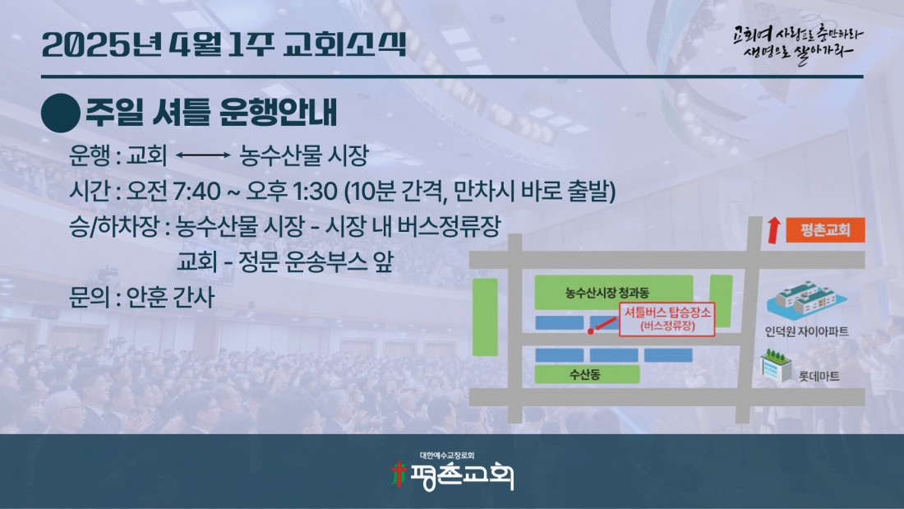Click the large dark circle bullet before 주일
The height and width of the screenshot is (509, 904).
(x=61, y=113)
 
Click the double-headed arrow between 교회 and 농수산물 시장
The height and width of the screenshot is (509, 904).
(x=203, y=155)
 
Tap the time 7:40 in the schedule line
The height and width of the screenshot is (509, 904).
(x=196, y=191)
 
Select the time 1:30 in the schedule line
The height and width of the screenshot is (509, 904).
(x=315, y=191)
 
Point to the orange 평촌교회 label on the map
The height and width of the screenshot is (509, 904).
(x=825, y=229)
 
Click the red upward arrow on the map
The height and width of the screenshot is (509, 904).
(x=773, y=230)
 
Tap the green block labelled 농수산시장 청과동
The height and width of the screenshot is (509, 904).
(x=613, y=293)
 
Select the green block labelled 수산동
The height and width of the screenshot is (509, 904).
(x=587, y=374)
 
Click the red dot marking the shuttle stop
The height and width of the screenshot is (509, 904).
(x=590, y=331)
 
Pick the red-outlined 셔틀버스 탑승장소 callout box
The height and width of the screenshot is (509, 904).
(x=667, y=318)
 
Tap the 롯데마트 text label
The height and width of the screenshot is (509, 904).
(x=819, y=377)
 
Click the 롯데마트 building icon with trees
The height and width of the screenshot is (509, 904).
(x=776, y=366)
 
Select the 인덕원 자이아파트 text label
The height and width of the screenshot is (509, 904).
(x=806, y=331)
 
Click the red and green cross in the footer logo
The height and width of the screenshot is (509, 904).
(x=398, y=474)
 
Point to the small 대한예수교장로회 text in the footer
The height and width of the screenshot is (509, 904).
(x=447, y=456)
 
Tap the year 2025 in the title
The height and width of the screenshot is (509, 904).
(x=86, y=45)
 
